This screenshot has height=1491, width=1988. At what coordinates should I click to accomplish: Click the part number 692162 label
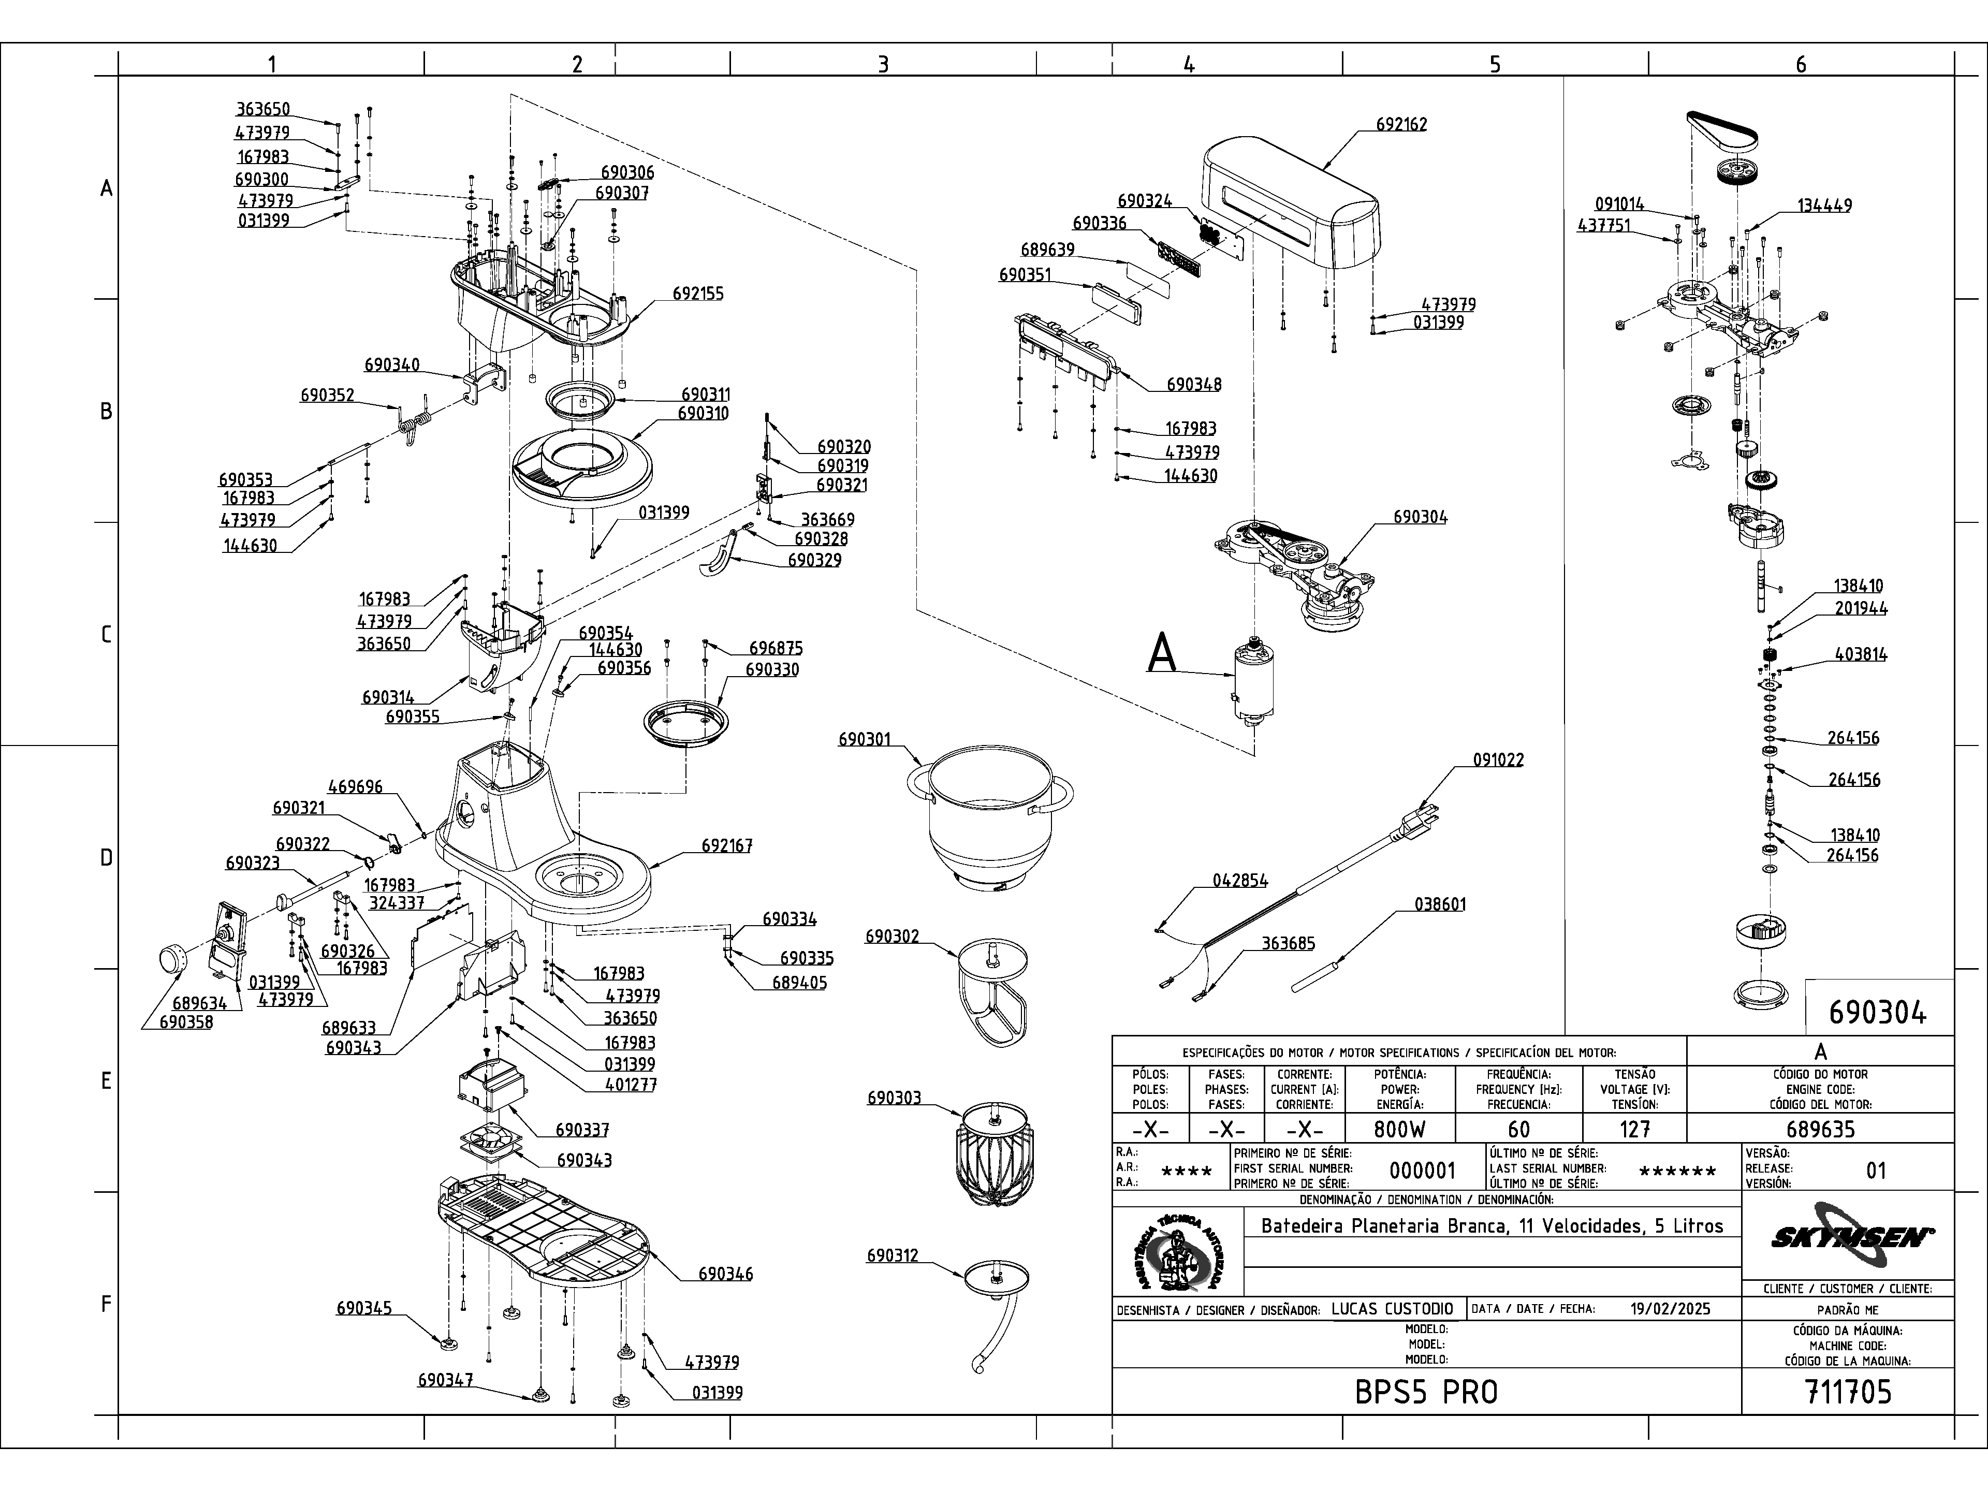1401,124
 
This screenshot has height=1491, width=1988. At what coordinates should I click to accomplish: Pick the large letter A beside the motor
1162,653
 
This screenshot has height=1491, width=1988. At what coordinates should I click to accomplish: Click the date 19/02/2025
1670,1309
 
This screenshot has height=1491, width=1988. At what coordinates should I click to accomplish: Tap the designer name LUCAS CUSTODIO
1391,1309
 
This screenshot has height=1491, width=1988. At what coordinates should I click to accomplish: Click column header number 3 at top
883,64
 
